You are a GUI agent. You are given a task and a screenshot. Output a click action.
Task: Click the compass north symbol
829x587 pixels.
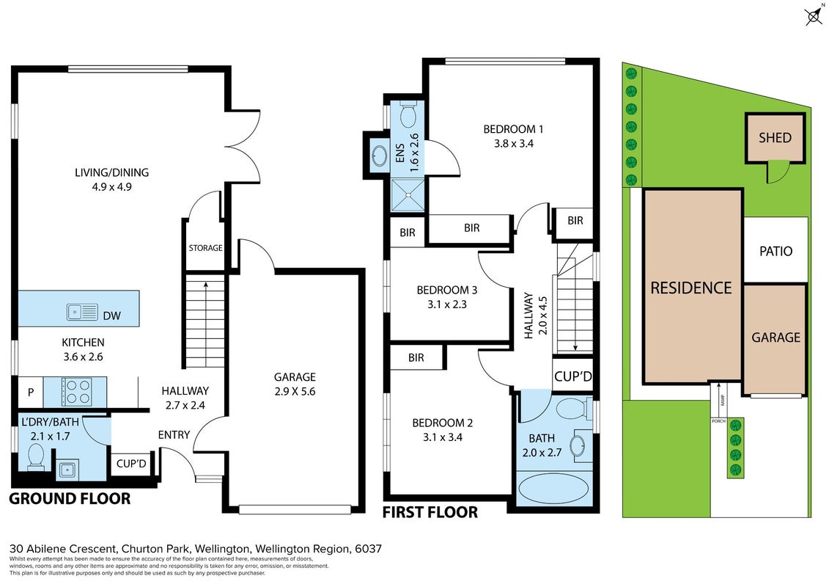(814, 16)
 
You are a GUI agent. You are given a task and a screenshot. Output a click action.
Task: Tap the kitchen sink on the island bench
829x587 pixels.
(83, 313)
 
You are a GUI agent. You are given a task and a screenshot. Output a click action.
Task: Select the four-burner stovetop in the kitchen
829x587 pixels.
(77, 392)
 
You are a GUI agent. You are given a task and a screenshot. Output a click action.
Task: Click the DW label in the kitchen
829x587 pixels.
(112, 316)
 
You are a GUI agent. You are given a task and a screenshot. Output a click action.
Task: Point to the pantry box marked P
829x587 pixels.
(31, 393)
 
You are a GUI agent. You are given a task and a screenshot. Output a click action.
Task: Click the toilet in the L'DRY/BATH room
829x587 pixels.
(36, 456)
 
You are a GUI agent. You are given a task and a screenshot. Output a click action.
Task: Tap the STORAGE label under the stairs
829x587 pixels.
(206, 248)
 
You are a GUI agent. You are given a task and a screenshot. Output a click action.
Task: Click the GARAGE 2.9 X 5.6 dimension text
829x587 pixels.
(295, 392)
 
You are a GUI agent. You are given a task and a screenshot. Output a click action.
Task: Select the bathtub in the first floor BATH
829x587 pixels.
(553, 488)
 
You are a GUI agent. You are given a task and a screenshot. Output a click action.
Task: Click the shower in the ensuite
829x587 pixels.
(408, 195)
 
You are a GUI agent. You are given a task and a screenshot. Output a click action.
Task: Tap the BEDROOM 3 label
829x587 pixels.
(446, 290)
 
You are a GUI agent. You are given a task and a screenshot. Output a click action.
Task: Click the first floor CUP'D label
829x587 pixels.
(573, 376)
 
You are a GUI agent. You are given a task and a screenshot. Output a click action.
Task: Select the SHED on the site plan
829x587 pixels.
(775, 138)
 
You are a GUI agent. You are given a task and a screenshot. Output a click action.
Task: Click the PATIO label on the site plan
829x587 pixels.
(775, 251)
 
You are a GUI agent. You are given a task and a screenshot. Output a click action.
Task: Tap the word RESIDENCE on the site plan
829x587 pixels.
(691, 288)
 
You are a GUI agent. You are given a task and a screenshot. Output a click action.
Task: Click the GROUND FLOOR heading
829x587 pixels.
(70, 499)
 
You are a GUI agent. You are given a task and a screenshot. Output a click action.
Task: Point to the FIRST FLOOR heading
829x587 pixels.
(430, 512)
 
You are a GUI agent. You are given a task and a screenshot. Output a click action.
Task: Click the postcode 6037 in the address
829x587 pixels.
(369, 549)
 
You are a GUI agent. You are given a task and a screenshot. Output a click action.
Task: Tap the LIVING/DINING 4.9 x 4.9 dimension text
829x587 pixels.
(111, 187)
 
